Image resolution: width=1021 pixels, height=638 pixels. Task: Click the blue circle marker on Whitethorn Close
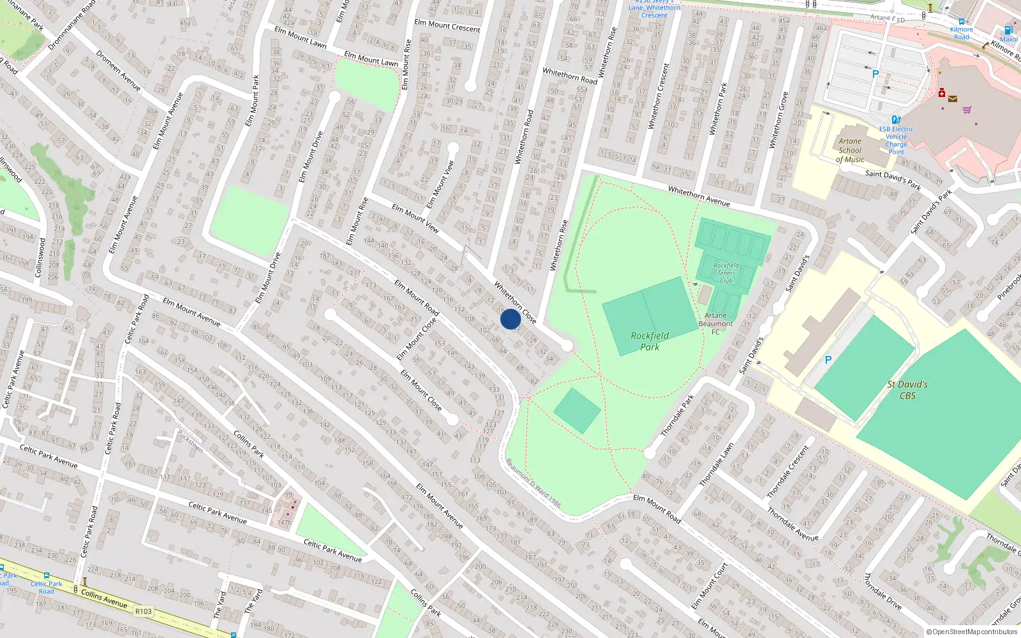tap(510, 319)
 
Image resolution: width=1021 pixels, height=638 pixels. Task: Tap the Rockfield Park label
tap(650, 341)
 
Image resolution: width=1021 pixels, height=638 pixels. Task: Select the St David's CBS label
tap(907, 390)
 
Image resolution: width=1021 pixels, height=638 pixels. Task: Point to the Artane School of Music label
tap(850, 151)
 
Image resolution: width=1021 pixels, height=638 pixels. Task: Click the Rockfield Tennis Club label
tap(726, 273)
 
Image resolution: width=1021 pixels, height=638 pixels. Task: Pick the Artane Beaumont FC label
tap(715, 323)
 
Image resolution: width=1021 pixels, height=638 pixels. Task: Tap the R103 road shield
tap(144, 611)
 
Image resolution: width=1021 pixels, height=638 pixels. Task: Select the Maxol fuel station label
tap(1008, 39)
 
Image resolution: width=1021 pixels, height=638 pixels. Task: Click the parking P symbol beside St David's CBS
tap(828, 360)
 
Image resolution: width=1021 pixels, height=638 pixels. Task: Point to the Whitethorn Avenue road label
tap(699, 196)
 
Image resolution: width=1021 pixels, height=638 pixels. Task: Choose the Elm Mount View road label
tap(415, 218)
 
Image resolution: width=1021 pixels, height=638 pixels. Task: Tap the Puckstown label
tap(190, 442)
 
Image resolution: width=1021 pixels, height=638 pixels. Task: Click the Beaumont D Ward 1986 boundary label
tap(533, 483)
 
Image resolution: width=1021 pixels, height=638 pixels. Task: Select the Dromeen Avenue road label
tap(118, 70)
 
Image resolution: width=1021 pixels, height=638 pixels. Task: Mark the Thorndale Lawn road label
tap(717, 465)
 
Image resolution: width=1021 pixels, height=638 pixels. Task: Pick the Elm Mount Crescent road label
tap(447, 26)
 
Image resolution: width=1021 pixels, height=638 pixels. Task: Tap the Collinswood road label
tap(40, 257)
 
